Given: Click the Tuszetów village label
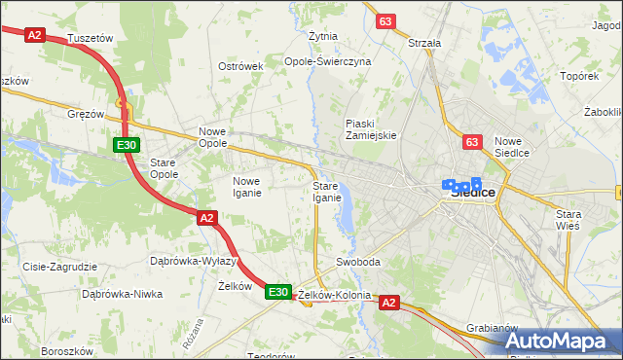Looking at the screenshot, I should pyautogui.click(x=92, y=37).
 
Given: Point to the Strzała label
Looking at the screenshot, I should pyautogui.click(x=425, y=43).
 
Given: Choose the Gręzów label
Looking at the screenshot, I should pyautogui.click(x=86, y=114).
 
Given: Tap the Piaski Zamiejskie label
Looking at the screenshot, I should pyautogui.click(x=371, y=129).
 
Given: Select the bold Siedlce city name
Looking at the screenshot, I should pyautogui.click(x=473, y=193).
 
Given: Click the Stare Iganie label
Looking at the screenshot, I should pyautogui.click(x=326, y=192).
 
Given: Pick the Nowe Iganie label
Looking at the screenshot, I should pyautogui.click(x=252, y=186).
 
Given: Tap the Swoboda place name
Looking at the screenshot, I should pyautogui.click(x=357, y=263).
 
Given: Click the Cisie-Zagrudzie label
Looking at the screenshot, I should pyautogui.click(x=60, y=266).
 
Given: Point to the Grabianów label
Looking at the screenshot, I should pyautogui.click(x=491, y=328).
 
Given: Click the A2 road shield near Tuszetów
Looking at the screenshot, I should pyautogui.click(x=36, y=35).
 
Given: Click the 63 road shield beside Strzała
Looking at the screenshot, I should pyautogui.click(x=386, y=21).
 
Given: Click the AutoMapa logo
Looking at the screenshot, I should pyautogui.click(x=556, y=341).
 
